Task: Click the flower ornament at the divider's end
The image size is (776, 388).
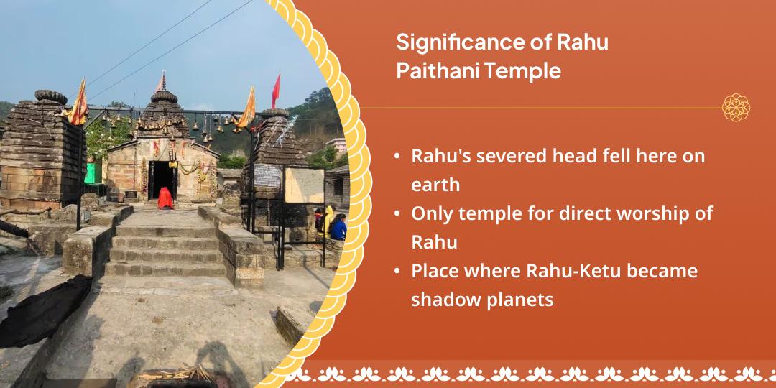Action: click(x=736, y=108)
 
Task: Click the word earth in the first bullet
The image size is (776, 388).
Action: click(x=435, y=185)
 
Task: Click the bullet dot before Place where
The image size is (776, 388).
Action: click(x=397, y=272)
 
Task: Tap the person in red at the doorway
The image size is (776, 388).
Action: click(x=165, y=198)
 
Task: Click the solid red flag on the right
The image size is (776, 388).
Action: click(x=276, y=91)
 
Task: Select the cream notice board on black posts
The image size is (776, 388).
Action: click(x=304, y=185)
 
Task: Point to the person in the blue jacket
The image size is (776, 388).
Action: click(x=338, y=228)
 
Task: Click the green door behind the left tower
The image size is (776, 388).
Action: click(x=91, y=173)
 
